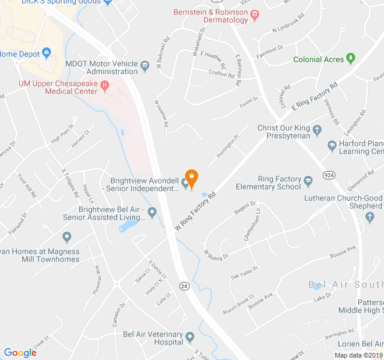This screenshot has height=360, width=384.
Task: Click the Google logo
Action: click(20, 353)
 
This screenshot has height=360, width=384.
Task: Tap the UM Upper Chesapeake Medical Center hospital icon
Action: click(105, 86)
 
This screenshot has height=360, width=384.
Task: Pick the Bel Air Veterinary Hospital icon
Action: click(190, 336)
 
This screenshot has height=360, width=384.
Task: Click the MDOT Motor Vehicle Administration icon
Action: click(145, 64)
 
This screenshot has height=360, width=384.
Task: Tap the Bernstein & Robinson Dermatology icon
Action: click(255, 14)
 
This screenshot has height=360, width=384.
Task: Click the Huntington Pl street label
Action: click(228, 145)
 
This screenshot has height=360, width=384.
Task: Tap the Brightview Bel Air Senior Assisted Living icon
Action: click(152, 211)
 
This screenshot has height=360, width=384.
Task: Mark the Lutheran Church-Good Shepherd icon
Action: click(371, 215)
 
